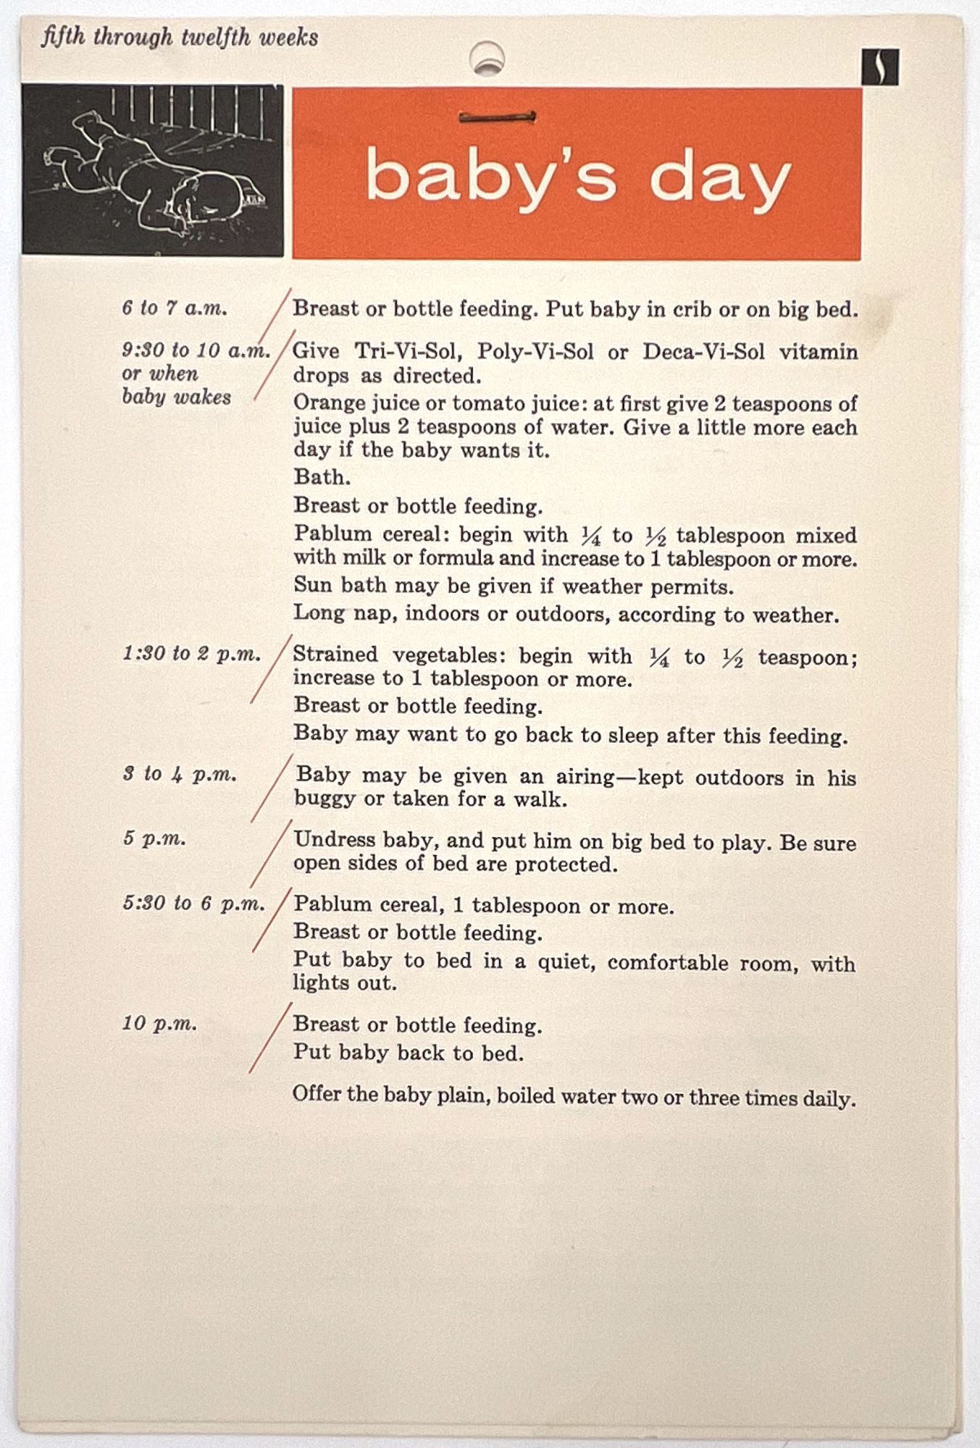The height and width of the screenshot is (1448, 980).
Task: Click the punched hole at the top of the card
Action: (x=487, y=58)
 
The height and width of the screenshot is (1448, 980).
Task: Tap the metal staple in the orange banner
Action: (x=498, y=117)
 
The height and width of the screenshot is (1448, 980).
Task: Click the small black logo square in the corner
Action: (x=880, y=67)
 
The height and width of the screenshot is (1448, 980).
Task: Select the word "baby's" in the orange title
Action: (x=490, y=177)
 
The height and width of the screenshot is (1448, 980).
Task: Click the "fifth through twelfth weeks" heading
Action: (x=180, y=37)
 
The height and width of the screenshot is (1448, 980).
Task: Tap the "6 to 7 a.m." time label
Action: (x=175, y=308)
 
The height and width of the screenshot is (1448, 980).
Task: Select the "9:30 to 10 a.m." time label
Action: (x=196, y=350)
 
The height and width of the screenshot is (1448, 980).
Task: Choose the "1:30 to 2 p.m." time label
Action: (x=191, y=654)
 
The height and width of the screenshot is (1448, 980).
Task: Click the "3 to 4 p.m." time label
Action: (x=180, y=774)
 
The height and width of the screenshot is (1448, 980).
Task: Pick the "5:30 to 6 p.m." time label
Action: (x=193, y=904)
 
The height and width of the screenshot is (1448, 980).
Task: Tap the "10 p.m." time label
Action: (x=159, y=1024)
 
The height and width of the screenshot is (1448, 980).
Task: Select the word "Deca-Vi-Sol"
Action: (x=703, y=352)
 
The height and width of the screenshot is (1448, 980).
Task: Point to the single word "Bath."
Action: (x=322, y=477)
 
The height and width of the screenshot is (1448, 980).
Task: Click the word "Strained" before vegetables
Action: (x=335, y=654)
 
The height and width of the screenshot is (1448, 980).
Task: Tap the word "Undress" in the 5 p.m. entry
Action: (x=334, y=840)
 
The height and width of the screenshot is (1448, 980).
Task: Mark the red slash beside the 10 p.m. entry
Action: (x=270, y=1037)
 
